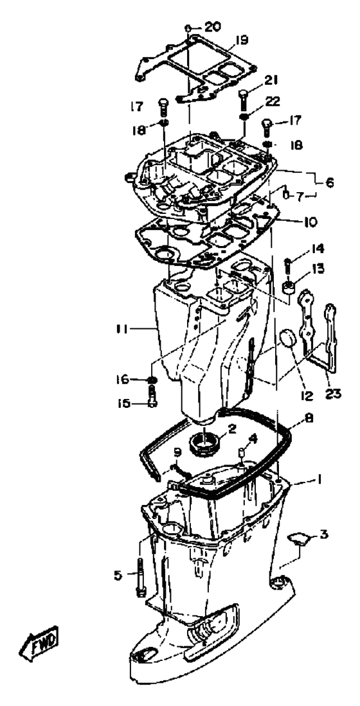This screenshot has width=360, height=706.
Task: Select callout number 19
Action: (x=241, y=40)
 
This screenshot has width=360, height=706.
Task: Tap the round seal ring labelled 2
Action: (x=205, y=443)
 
